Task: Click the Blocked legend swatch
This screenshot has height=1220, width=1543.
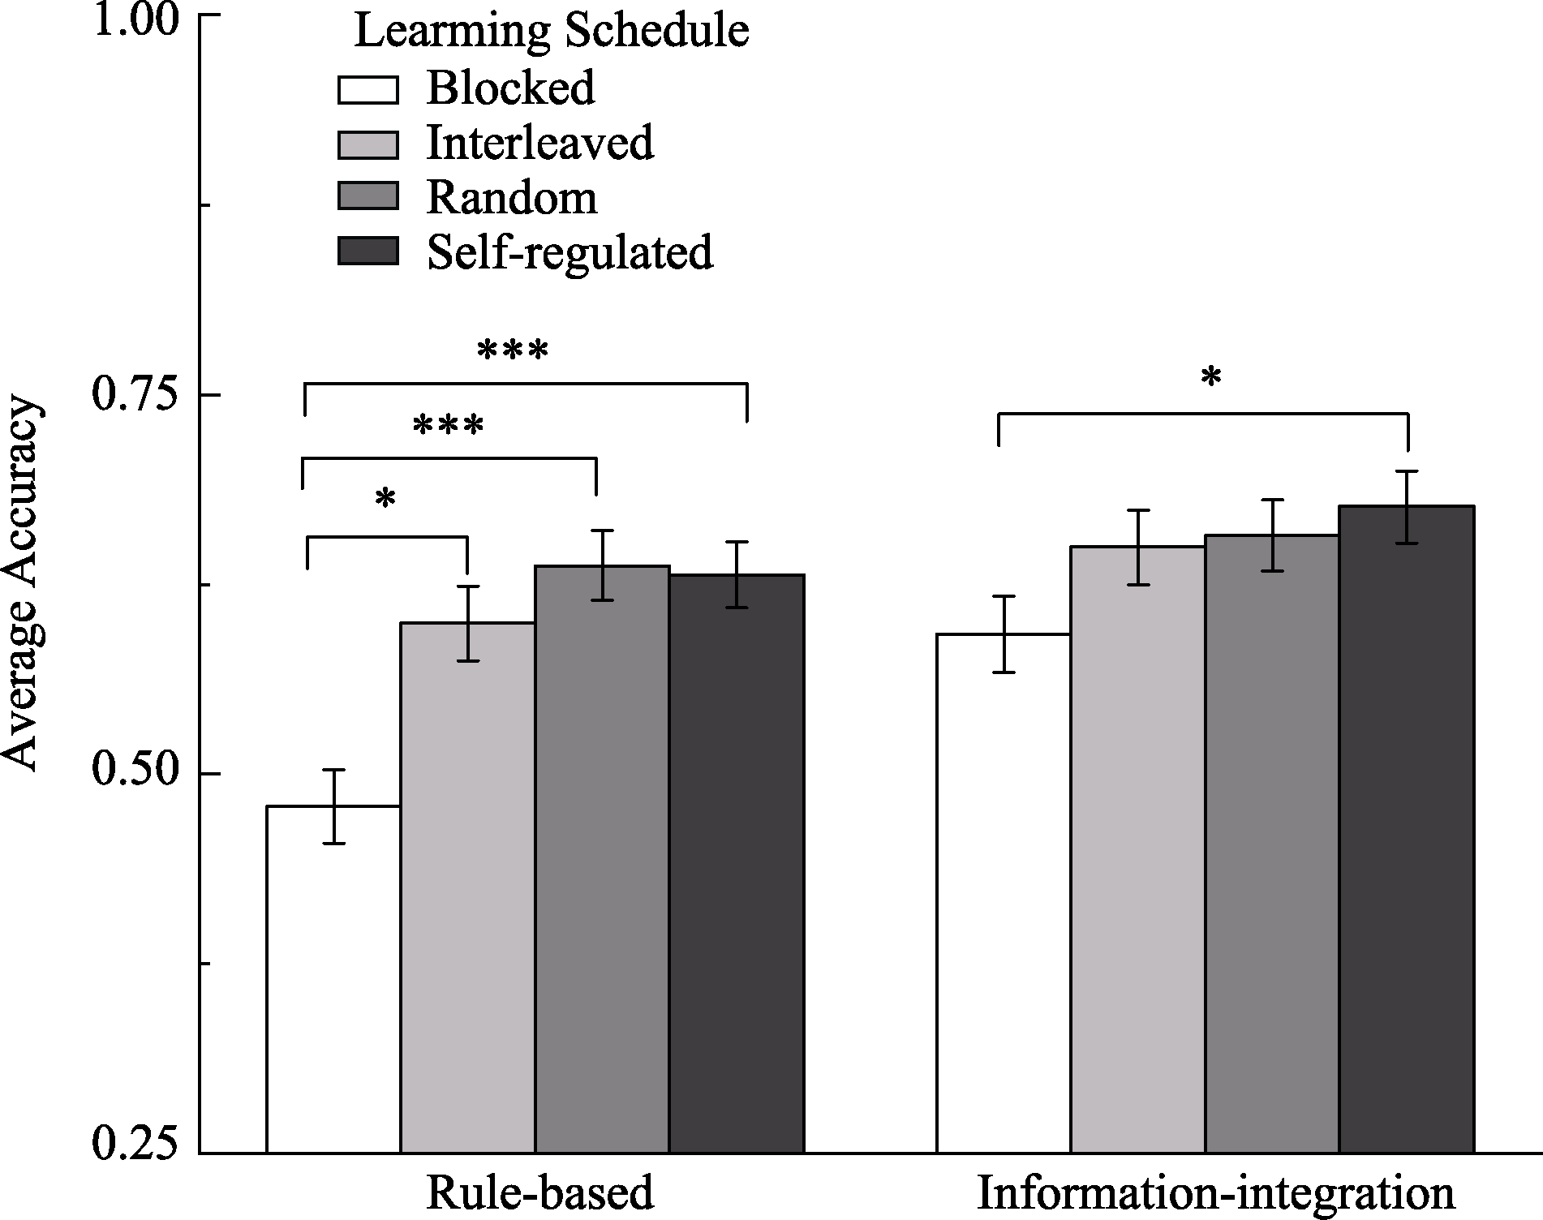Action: point(367,90)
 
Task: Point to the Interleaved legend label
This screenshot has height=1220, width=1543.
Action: point(539,143)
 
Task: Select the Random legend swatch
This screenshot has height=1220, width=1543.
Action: point(367,197)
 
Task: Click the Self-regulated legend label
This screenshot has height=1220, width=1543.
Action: point(569,252)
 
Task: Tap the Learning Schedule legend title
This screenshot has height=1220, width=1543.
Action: point(552,32)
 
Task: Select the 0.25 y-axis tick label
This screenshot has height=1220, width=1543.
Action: point(133,1144)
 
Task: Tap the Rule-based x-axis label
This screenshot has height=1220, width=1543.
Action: point(539,1192)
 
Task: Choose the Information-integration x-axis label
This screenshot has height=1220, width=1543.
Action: point(1215,1192)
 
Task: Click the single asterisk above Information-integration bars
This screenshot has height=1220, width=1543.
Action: point(1211,379)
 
